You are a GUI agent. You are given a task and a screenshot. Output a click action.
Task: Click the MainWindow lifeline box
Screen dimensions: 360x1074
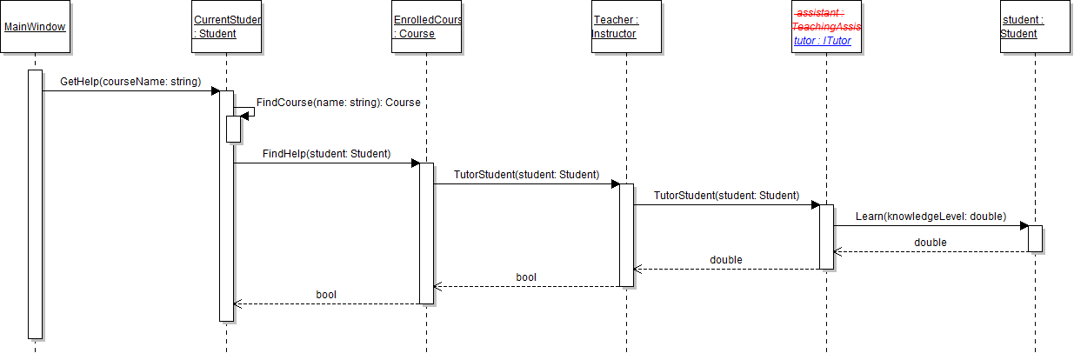35,26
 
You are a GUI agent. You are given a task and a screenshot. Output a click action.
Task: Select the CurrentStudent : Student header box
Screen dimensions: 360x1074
226,26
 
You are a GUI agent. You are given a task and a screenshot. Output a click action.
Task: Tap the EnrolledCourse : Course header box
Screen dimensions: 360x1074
427,26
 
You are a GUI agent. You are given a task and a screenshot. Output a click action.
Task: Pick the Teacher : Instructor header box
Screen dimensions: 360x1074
626,26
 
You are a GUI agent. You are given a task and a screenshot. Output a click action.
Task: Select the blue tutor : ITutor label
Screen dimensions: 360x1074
822,41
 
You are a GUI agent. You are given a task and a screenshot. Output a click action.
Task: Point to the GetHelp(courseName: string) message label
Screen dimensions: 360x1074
130,82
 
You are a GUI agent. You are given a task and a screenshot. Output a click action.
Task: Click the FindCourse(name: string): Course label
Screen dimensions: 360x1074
338,103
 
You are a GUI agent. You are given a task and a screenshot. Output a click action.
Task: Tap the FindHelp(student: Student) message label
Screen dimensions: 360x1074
326,154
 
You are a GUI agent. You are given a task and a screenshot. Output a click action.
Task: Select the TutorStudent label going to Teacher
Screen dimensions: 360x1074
526,175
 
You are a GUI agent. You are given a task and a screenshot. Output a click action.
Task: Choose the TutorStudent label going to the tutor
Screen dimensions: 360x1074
726,196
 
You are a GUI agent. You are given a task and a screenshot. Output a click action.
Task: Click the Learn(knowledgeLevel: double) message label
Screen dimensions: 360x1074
931,216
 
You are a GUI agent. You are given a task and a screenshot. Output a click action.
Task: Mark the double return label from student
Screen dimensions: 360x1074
930,242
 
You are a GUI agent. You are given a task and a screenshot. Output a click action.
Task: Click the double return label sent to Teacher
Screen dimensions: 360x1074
725,259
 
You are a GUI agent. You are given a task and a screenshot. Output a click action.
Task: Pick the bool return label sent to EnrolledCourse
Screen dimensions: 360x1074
526,277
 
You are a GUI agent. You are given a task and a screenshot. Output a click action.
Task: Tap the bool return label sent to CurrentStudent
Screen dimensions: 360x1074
326,295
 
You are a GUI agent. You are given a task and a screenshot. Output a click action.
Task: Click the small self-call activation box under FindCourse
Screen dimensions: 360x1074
233,129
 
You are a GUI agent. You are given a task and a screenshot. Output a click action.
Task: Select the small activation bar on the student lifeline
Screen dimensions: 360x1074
1035,239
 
